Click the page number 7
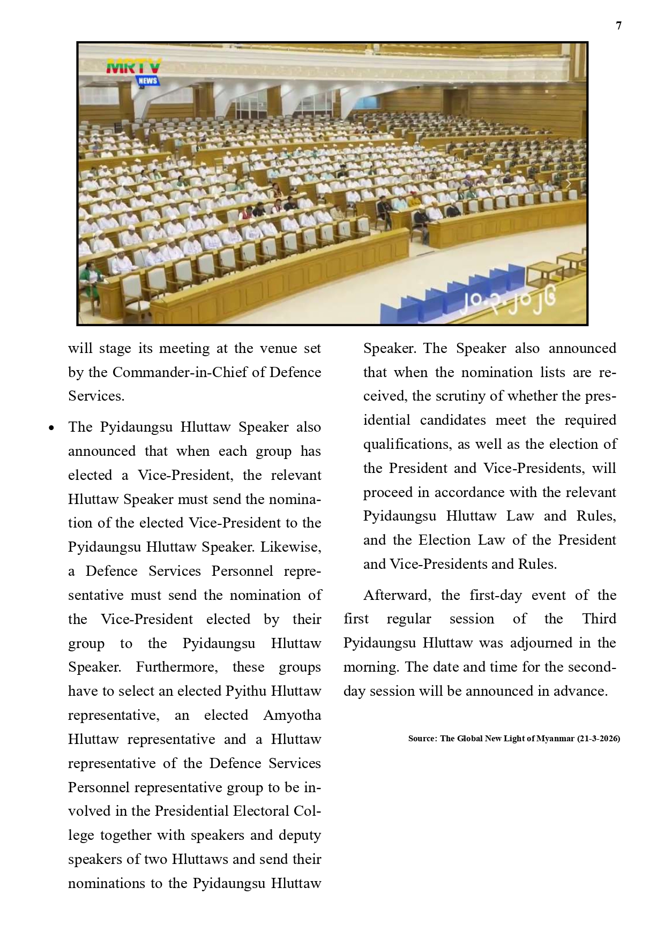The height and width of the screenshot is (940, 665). pyautogui.click(x=619, y=26)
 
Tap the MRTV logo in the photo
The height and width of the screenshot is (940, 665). pyautogui.click(x=133, y=66)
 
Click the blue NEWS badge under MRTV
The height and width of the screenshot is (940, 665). pyautogui.click(x=147, y=81)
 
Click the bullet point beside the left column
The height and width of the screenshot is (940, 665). pyautogui.click(x=51, y=428)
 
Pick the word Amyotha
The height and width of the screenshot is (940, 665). pyautogui.click(x=292, y=715)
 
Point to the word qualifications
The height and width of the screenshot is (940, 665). pyautogui.click(x=404, y=444)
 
